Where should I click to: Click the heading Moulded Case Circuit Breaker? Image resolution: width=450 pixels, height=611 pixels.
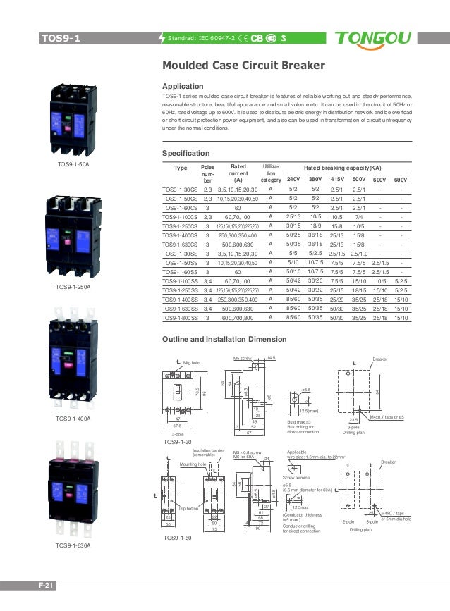pyautogui.click(x=243, y=66)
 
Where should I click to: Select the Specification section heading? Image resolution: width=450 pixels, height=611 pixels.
pyautogui.click(x=187, y=153)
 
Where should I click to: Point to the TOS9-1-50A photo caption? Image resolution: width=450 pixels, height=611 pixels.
pyautogui.click(x=73, y=163)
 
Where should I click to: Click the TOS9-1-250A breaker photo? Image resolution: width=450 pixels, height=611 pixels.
pyautogui.click(x=74, y=233)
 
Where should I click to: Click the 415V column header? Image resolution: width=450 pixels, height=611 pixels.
pyautogui.click(x=336, y=179)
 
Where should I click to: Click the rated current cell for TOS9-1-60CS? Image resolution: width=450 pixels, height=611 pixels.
pyautogui.click(x=238, y=209)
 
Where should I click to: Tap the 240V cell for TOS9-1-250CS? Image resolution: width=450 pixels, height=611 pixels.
pyautogui.click(x=294, y=226)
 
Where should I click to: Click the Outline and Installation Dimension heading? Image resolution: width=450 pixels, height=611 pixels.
pyautogui.click(x=224, y=340)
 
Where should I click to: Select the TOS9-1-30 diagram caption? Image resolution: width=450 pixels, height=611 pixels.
pyautogui.click(x=178, y=442)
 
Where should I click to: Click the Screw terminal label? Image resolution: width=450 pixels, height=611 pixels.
pyautogui.click(x=298, y=477)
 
